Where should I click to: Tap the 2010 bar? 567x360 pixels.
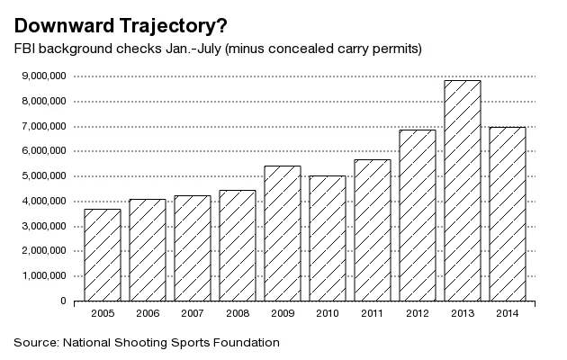[327, 238]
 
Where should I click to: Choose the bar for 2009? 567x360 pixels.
[282, 233]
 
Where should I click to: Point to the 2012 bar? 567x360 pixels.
[417, 215]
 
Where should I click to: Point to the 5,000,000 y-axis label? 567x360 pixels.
[41, 175]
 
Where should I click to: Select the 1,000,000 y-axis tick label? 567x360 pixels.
[41, 276]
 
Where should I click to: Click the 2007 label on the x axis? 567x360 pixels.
[192, 314]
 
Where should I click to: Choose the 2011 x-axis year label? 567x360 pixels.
[372, 314]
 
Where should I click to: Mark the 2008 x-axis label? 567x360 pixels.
[237, 314]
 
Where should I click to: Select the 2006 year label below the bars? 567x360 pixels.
[147, 314]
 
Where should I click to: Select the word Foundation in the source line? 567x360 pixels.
[243, 343]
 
